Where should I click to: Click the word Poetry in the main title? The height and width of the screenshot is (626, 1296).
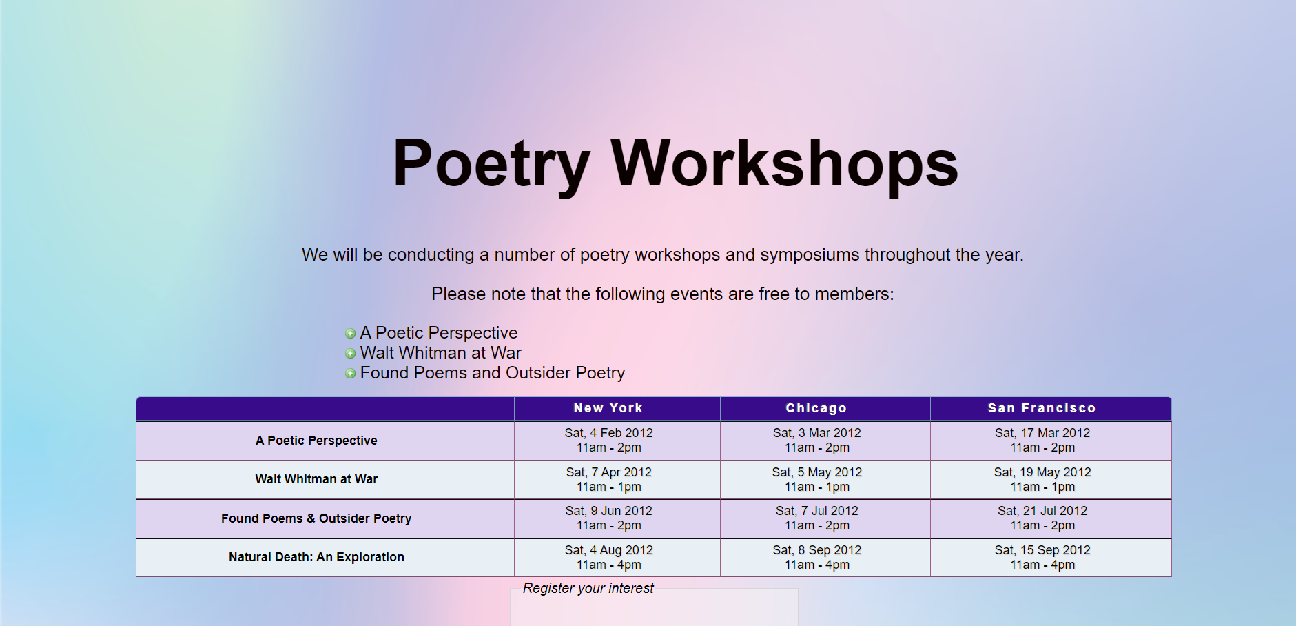click(x=491, y=163)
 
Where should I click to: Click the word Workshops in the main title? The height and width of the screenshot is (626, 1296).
click(x=784, y=163)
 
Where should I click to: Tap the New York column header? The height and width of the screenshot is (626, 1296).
click(x=608, y=408)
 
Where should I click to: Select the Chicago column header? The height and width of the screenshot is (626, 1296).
click(x=816, y=408)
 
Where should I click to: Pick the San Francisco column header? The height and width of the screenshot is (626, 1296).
click(x=1041, y=408)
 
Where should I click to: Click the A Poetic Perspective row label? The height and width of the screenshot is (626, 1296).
click(x=316, y=441)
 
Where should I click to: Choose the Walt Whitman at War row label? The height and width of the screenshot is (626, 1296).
click(x=316, y=479)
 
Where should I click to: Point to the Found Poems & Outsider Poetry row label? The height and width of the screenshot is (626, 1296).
click(x=316, y=518)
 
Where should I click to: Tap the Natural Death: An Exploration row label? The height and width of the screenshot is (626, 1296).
click(x=316, y=557)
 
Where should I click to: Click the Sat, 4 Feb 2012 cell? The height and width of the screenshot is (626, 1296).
click(x=608, y=440)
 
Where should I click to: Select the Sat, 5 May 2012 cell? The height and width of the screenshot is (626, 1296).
click(x=816, y=479)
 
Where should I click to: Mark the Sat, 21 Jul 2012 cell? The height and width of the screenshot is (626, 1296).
click(x=1042, y=518)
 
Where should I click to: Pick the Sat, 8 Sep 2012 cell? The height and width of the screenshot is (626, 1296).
click(x=816, y=557)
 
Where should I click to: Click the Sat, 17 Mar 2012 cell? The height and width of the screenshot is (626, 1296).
click(x=1042, y=440)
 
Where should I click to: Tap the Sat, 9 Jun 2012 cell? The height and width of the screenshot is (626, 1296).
click(x=608, y=518)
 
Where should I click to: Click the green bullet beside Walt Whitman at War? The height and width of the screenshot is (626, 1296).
click(x=350, y=354)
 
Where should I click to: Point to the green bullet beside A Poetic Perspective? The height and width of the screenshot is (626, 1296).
click(x=350, y=334)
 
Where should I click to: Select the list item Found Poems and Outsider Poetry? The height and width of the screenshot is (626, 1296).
click(x=492, y=373)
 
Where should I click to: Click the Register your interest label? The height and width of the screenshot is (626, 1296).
click(x=588, y=588)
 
